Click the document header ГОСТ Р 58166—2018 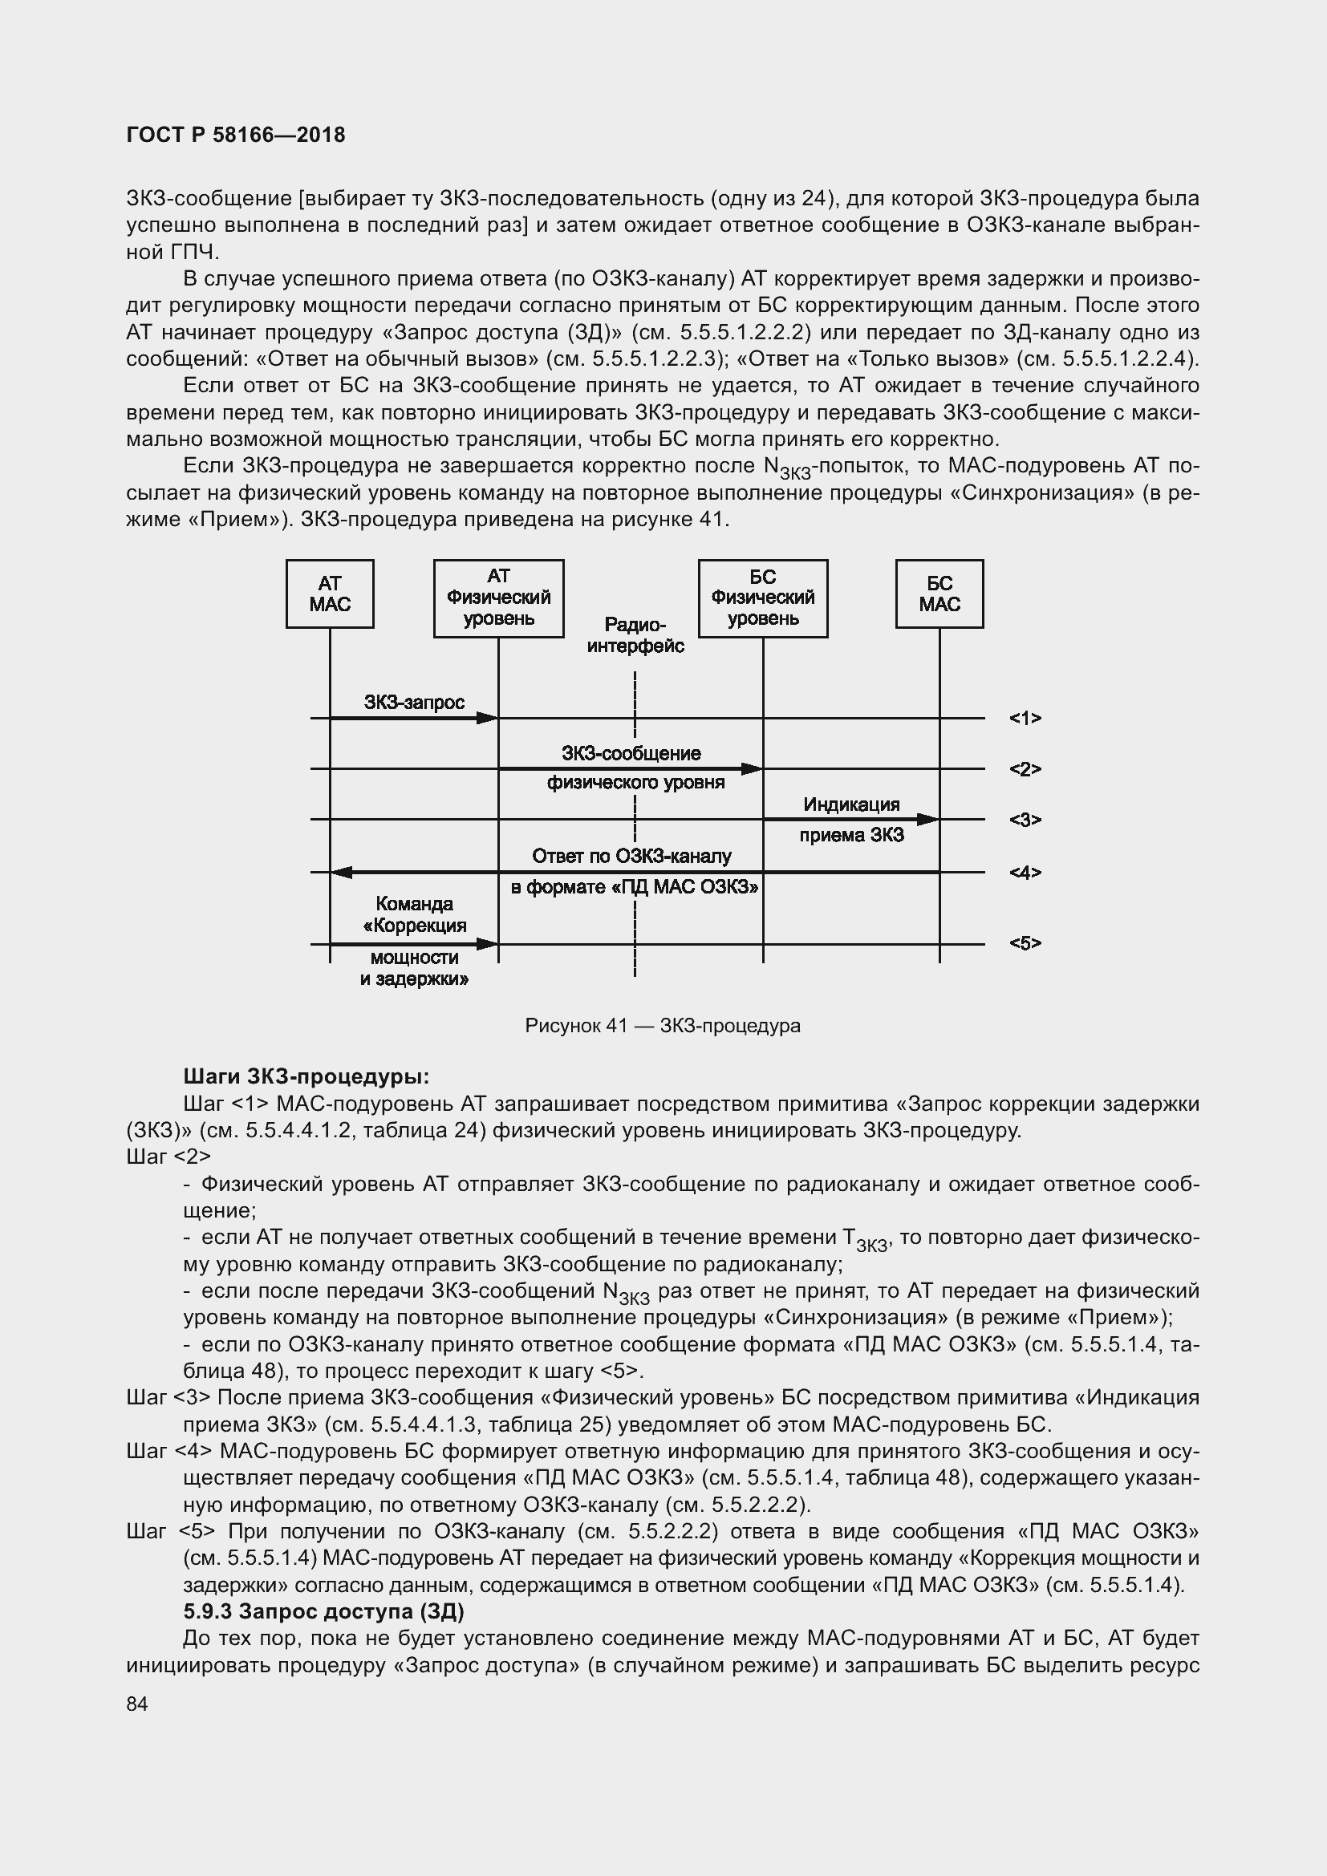point(236,135)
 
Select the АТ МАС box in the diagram point(329,594)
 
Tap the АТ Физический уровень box point(498,598)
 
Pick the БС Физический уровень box point(762,598)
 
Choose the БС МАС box point(939,594)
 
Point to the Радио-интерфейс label point(635,636)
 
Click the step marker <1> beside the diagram point(1025,718)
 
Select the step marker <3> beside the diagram point(1025,820)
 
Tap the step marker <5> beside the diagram point(1025,944)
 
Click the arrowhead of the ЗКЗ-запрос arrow point(488,718)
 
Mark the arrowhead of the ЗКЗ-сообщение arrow point(752,769)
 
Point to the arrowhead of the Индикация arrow point(928,819)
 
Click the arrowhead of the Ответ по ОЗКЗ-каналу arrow point(341,873)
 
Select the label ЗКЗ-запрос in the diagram point(414,702)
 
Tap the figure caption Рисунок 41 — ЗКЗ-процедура point(663,1026)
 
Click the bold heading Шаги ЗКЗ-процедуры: point(306,1076)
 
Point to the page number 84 point(137,1704)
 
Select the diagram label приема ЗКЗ point(850,836)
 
